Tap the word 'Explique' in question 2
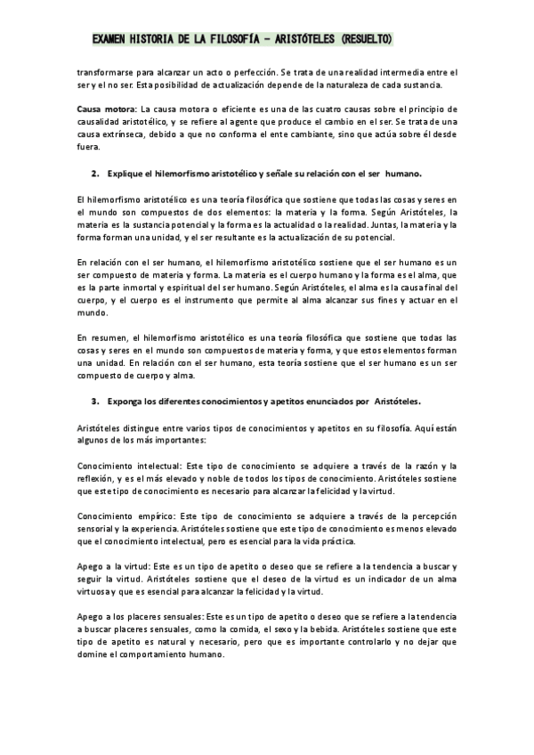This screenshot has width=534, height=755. pos(126,172)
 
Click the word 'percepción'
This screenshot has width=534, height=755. pos(431,516)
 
